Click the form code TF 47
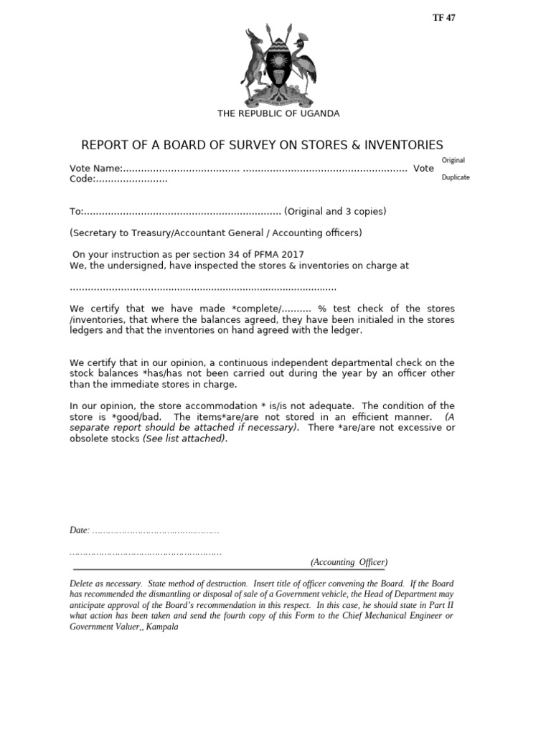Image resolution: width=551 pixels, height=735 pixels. [x=443, y=18]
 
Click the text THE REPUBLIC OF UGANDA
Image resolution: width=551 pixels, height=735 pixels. [x=278, y=113]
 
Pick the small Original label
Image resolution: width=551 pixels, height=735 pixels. [x=453, y=160]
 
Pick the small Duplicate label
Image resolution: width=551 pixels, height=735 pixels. [x=456, y=177]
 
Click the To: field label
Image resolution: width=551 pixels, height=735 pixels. [x=77, y=211]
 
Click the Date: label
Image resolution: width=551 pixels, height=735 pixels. [x=79, y=530]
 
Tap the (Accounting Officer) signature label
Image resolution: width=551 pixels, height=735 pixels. [x=349, y=562]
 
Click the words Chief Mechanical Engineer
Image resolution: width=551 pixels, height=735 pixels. [x=390, y=616]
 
